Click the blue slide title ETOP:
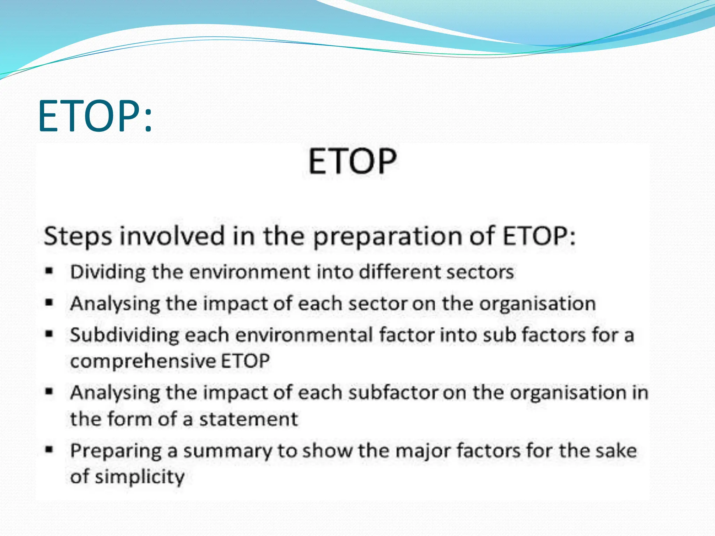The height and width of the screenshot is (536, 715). pos(95,116)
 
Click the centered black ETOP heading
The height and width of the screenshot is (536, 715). pos(352,161)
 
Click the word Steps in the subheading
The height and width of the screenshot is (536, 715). pos(78,236)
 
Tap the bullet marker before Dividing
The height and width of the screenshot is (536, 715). pos(49,271)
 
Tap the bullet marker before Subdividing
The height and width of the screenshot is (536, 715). pos(49,334)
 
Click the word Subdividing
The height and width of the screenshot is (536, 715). pos(124,335)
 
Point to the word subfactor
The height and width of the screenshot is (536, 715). pos(393,393)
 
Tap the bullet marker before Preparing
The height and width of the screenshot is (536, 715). pos(49,450)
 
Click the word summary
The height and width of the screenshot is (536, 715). pos(227,451)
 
